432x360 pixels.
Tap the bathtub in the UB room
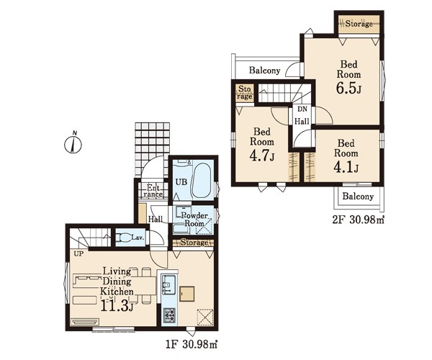click(x=202, y=181)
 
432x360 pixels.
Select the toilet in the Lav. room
click(x=123, y=238)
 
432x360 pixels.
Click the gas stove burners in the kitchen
click(x=169, y=315)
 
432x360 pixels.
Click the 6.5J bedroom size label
click(x=348, y=88)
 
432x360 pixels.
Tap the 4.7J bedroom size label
click(x=262, y=156)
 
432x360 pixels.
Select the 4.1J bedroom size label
click(x=346, y=167)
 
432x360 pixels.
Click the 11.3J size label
click(x=117, y=305)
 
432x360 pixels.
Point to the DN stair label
click(x=302, y=109)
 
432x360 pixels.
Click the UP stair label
click(x=78, y=253)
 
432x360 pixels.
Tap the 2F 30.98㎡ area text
click(x=358, y=220)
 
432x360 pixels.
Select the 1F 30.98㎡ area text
click(x=192, y=345)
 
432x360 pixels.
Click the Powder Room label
click(x=194, y=220)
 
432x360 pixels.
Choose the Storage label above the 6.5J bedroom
click(x=359, y=24)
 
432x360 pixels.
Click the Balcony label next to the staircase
click(x=264, y=71)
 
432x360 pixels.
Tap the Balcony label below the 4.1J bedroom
click(x=358, y=196)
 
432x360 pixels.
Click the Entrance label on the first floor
click(x=153, y=191)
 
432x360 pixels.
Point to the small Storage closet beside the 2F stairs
click(x=244, y=93)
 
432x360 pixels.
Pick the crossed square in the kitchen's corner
click(x=205, y=318)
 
